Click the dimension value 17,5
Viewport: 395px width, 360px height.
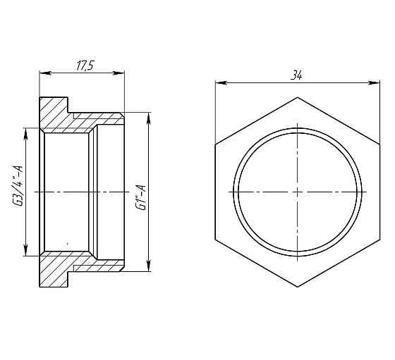pos(85,65)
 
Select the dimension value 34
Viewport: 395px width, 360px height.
pos(297,75)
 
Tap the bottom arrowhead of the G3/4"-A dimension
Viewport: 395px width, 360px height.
pos(26,252)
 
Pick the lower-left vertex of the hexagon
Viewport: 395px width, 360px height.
pos(215,239)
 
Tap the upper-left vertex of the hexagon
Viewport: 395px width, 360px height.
pos(215,144)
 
